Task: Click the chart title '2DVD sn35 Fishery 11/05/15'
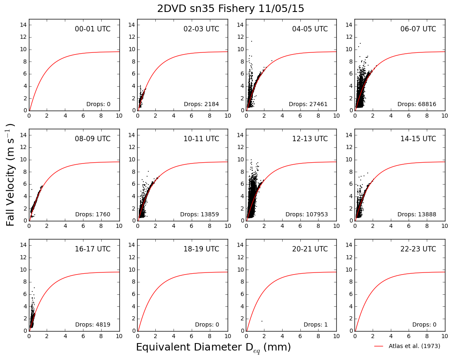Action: point(230,8)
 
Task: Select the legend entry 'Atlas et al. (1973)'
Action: point(414,346)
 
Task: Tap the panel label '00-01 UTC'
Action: point(93,29)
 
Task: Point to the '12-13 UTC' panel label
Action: point(310,139)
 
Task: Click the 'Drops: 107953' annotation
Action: point(307,214)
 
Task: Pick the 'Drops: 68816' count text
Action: point(417,104)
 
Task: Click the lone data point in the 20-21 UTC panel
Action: point(262,321)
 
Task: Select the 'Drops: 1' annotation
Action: point(316,324)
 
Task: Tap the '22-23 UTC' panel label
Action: point(418,249)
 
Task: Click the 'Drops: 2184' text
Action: point(202,104)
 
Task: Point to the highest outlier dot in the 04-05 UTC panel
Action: point(251,41)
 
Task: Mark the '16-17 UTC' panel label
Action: point(93,249)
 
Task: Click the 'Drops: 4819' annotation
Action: point(93,324)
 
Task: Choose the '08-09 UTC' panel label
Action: point(93,139)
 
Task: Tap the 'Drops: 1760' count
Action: point(93,214)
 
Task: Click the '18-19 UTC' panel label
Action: point(202,249)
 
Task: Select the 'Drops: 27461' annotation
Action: point(308,104)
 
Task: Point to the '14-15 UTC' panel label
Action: point(418,139)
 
